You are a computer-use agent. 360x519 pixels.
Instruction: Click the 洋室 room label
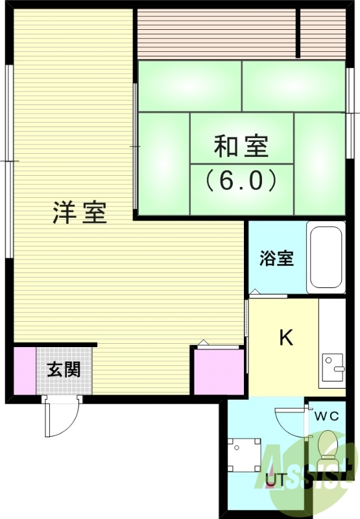[x=80, y=213]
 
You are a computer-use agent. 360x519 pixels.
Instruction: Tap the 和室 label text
[x=241, y=146]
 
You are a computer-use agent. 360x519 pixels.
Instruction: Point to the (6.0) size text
[x=241, y=180]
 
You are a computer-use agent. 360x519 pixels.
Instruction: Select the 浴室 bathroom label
[x=277, y=258]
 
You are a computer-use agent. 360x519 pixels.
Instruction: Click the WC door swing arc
[x=289, y=422]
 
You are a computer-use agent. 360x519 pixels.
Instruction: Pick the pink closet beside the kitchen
[x=219, y=372]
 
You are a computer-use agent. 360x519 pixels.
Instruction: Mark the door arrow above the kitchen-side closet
[x=203, y=342]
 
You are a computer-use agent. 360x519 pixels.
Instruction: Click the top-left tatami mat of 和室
[x=189, y=86]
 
